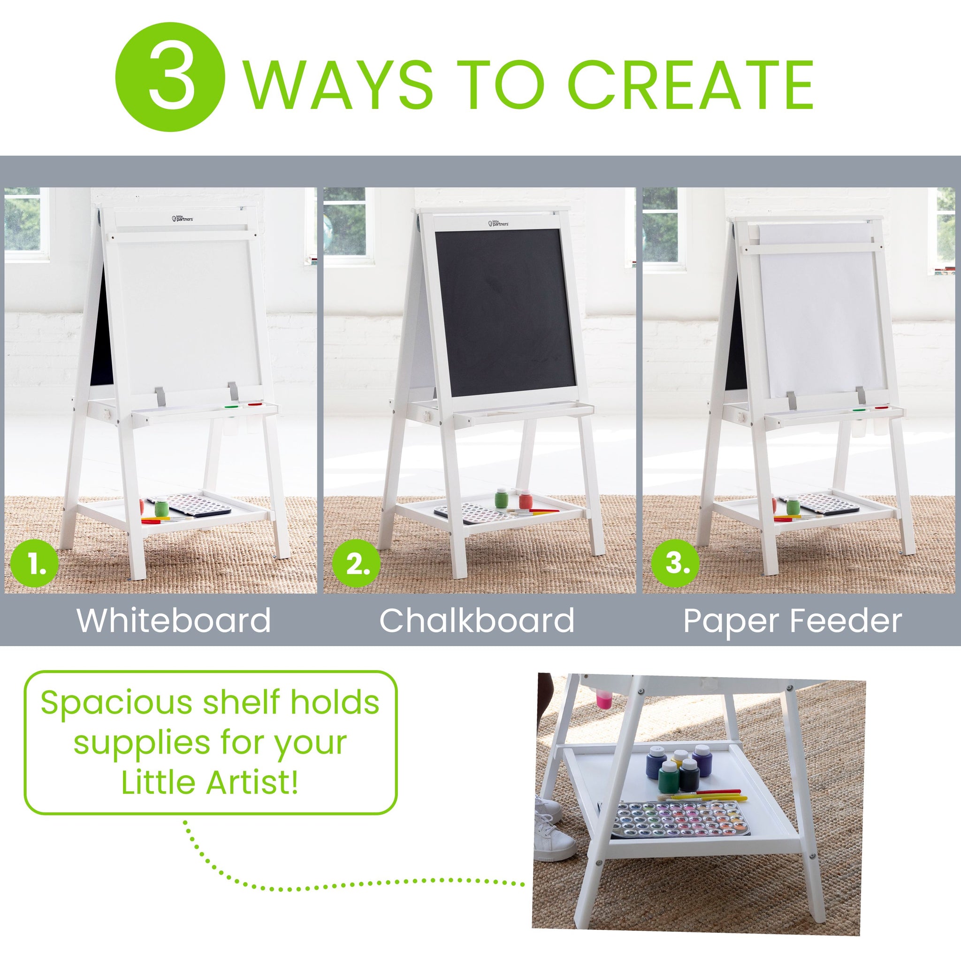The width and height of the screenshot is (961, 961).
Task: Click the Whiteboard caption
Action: tap(174, 620)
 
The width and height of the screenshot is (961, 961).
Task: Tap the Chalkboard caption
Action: tap(477, 620)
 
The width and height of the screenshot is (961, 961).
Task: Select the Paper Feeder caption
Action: tap(793, 620)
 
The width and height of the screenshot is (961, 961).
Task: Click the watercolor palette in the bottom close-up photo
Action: tap(669, 819)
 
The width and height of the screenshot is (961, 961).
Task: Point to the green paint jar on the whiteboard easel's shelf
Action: tap(162, 508)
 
